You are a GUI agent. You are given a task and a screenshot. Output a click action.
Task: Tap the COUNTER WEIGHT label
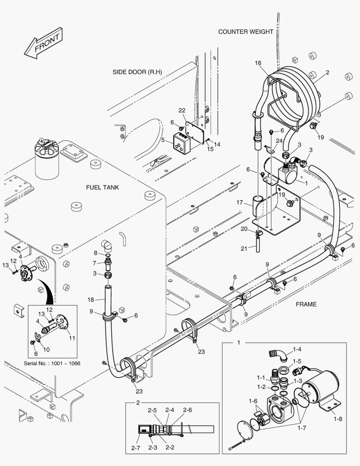click(x=245, y=31)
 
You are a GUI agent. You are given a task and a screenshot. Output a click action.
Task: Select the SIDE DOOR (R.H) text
click(x=137, y=72)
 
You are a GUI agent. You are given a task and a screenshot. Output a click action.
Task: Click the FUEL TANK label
click(x=102, y=187)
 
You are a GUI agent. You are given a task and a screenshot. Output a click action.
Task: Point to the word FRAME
click(x=306, y=304)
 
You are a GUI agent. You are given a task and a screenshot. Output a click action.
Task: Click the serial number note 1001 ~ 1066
click(x=52, y=363)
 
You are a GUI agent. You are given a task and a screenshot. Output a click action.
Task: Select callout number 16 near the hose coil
click(x=258, y=63)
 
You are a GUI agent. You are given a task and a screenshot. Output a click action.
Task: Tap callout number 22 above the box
click(x=182, y=111)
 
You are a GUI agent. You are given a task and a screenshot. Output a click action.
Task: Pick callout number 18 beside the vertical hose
click(x=91, y=299)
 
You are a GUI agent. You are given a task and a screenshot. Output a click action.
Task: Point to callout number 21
click(x=244, y=249)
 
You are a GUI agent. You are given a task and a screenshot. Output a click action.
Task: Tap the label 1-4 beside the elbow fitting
click(x=297, y=349)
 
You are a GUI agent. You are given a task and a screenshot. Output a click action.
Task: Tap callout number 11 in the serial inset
click(x=72, y=338)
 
